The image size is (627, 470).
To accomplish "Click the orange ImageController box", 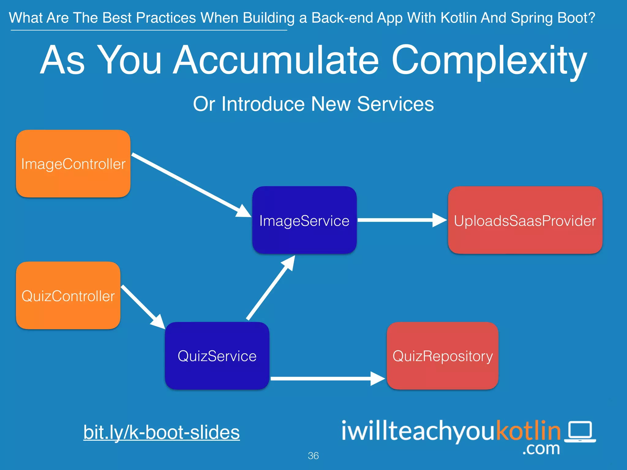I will pos(73,164).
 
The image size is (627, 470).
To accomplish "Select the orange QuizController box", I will pos(68,296).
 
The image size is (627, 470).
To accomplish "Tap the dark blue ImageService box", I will pos(304,220).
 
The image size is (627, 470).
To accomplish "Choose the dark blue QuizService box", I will pos(217,356).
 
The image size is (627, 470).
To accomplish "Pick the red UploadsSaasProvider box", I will pos(525,220).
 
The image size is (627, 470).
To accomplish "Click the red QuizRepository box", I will pos(442,356).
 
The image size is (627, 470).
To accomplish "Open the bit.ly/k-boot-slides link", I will pos(162,432).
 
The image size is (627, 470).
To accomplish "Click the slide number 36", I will pos(313,456).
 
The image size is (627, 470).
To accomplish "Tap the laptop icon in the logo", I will pos(580,431).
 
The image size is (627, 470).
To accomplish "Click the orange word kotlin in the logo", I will pos(528,430).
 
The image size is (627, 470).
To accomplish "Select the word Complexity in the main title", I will pos(489,61).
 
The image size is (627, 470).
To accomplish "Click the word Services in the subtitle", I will pos(395,104).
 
